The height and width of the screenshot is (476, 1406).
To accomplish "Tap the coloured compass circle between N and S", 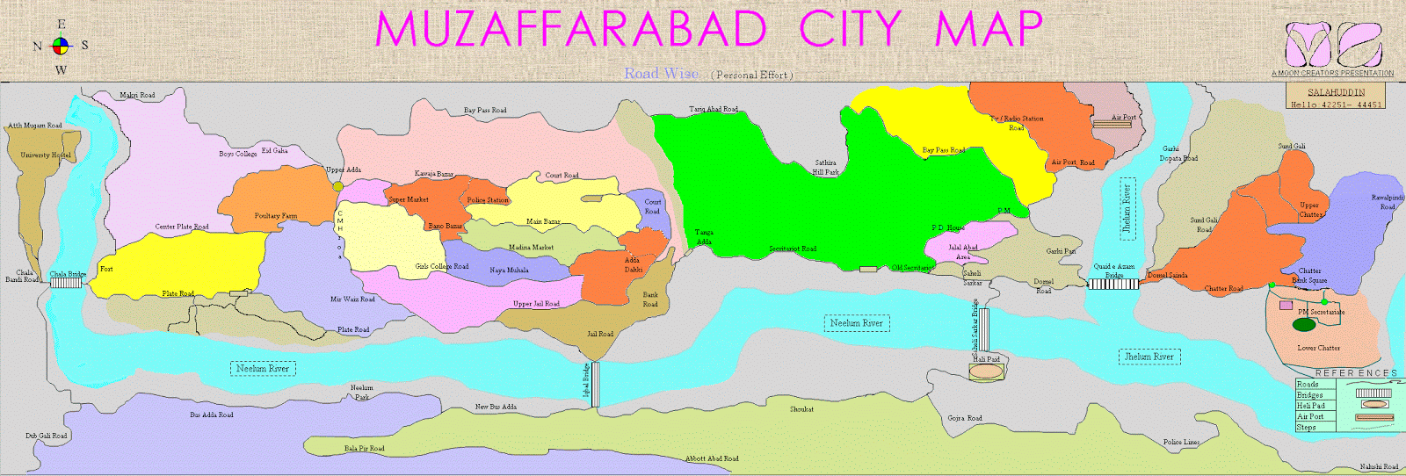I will (61, 46).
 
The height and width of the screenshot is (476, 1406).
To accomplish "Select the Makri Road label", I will (137, 95).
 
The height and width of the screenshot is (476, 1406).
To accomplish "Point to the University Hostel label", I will (46, 155).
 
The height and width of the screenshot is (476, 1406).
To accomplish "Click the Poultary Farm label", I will (276, 215).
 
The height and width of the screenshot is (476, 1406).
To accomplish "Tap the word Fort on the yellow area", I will (106, 269).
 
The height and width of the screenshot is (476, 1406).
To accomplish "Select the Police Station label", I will (488, 200).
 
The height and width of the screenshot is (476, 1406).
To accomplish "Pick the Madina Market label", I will (531, 248).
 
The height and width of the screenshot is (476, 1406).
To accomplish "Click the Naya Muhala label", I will (509, 270).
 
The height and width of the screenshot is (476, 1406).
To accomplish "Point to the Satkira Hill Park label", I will (825, 168).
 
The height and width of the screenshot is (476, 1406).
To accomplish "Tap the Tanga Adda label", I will (704, 237).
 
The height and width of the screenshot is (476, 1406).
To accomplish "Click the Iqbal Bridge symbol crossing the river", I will (595, 384).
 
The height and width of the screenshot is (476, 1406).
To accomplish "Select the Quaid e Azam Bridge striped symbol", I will (1114, 284).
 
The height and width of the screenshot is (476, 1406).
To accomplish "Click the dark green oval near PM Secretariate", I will (1304, 325).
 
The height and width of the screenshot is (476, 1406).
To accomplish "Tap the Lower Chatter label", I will (1318, 348).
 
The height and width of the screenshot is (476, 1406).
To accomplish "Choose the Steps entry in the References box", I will (1307, 427).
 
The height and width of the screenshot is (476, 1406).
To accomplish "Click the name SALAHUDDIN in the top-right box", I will (1336, 92).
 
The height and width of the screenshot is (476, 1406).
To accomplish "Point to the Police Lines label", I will (1181, 443).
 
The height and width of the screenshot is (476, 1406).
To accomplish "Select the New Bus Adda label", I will (496, 407).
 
